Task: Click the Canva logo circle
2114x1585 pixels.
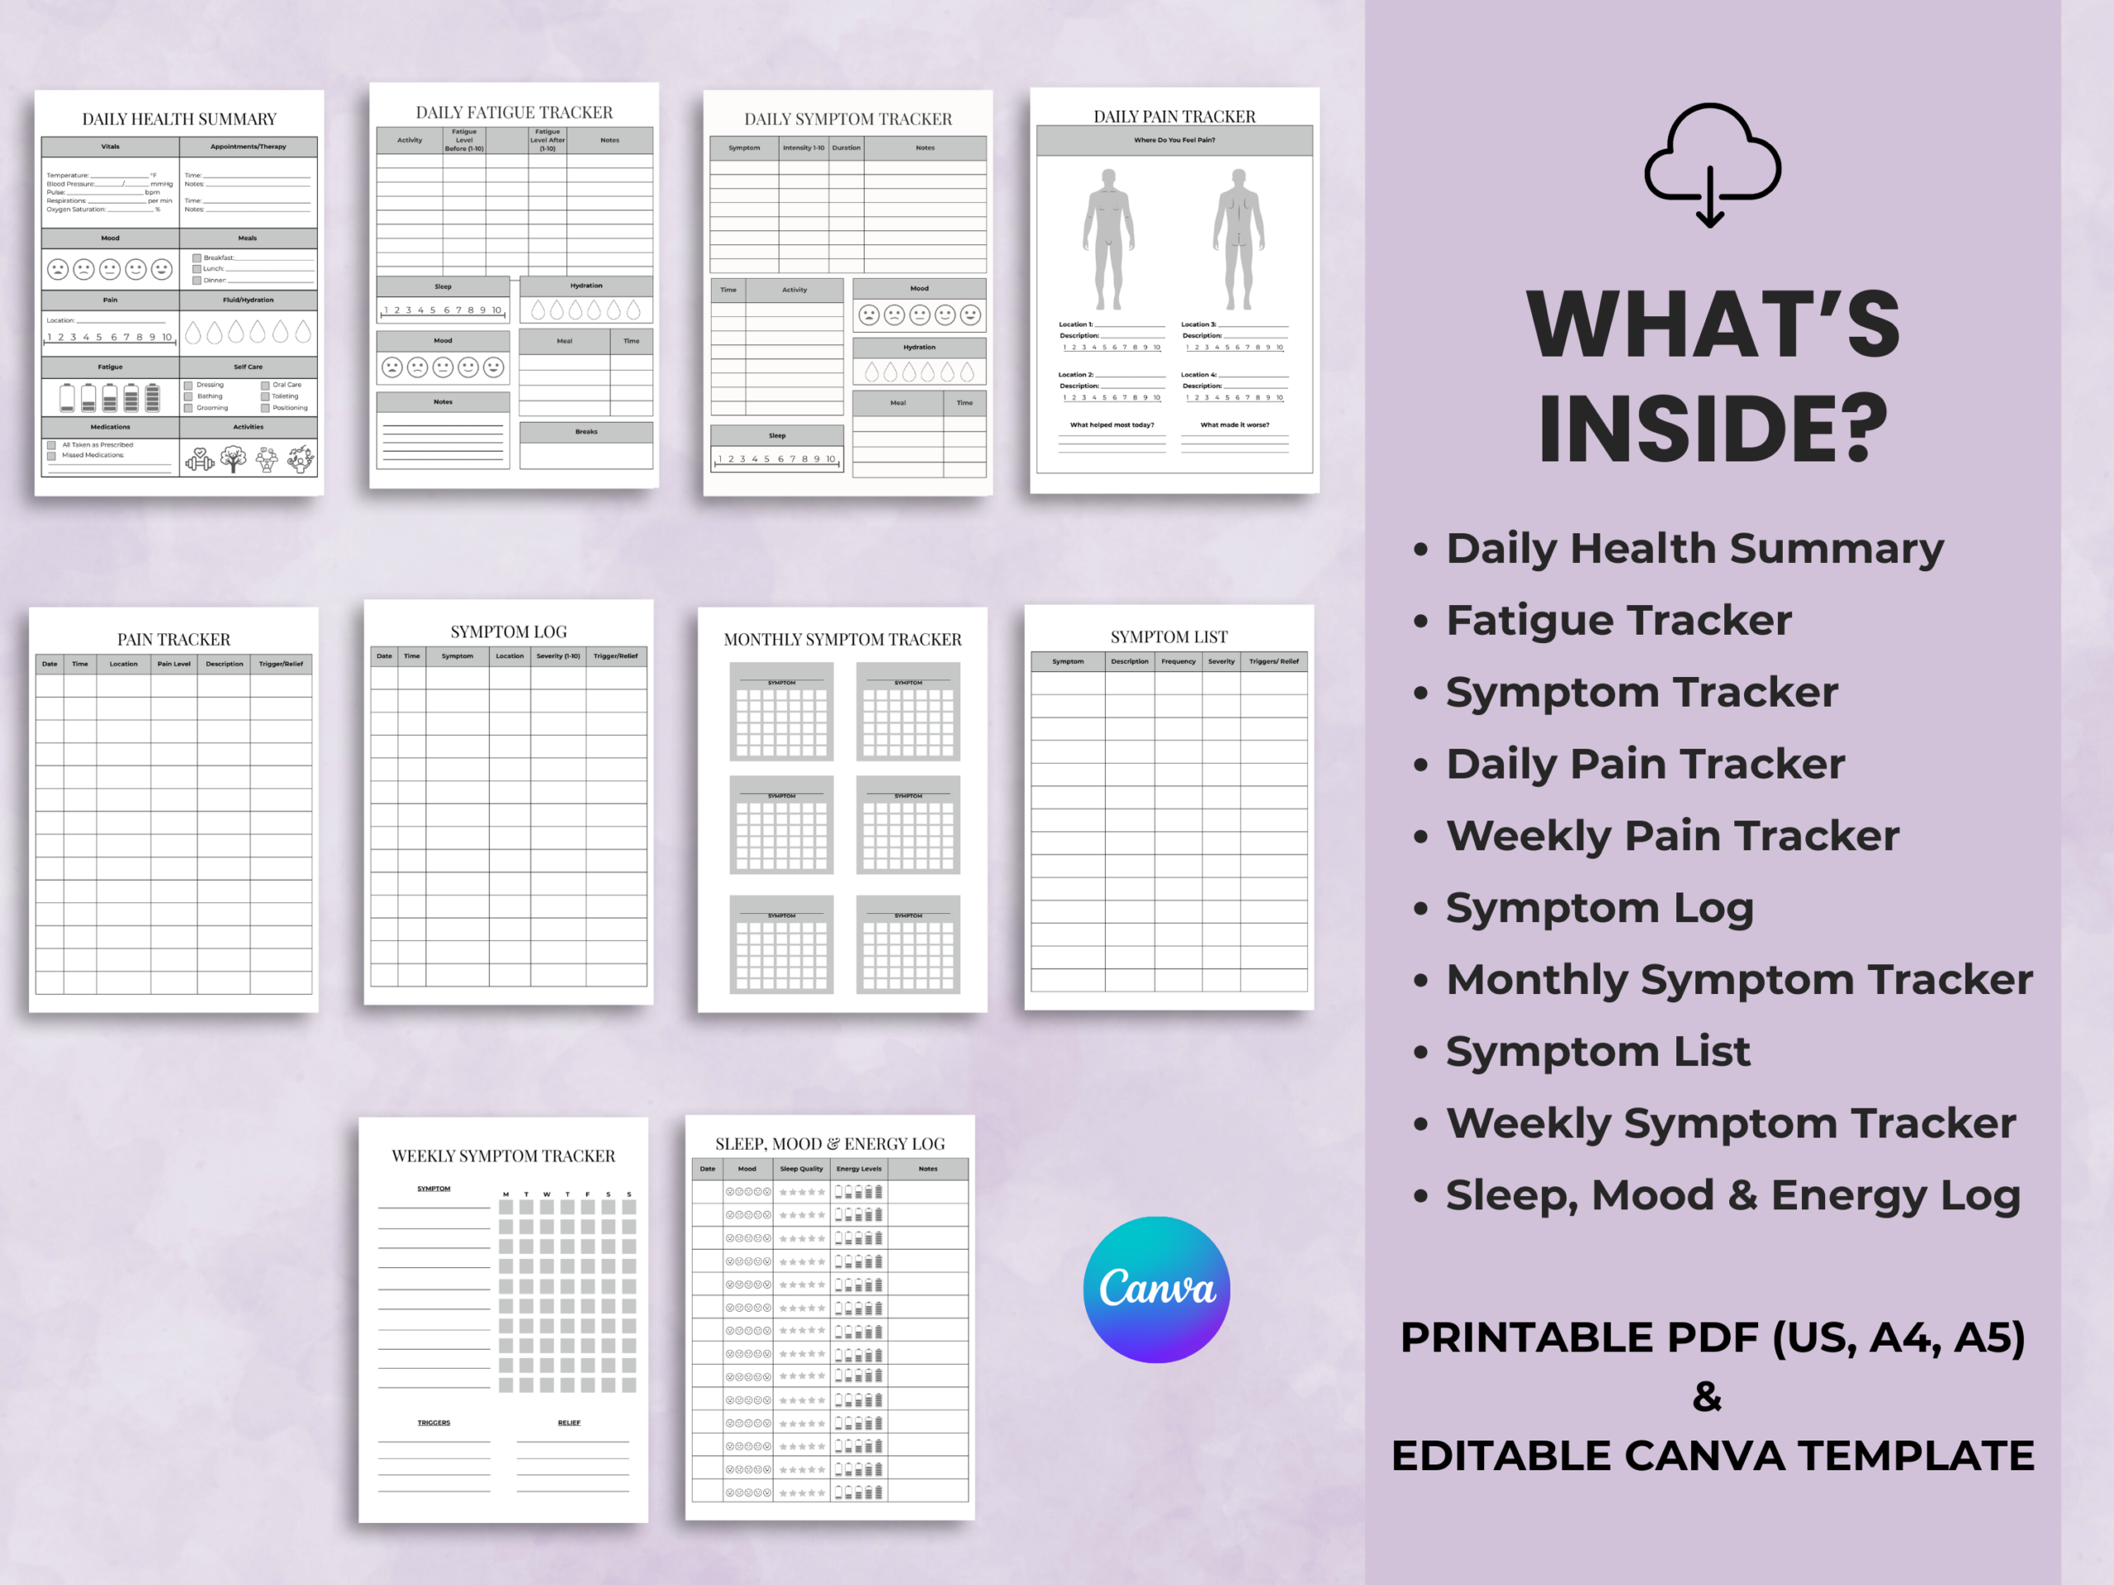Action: point(1156,1289)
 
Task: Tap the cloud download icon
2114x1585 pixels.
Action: point(1712,164)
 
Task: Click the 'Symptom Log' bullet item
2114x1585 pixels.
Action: point(1599,907)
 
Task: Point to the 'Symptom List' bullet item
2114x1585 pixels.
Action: point(1597,1051)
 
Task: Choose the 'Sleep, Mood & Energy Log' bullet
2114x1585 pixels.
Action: point(1732,1195)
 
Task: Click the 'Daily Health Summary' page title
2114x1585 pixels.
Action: point(178,120)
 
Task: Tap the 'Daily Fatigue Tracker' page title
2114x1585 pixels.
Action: point(514,113)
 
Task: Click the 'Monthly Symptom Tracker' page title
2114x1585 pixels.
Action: point(842,639)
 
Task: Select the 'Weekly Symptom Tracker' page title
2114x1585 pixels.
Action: point(504,1156)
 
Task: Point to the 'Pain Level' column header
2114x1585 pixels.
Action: point(174,664)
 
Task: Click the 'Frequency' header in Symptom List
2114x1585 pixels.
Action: point(1178,661)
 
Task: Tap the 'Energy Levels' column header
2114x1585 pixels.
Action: point(858,1168)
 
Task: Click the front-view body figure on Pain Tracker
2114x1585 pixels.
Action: point(1108,239)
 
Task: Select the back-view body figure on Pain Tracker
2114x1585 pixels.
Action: point(1239,239)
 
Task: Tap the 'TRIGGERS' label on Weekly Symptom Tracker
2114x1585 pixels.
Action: point(434,1422)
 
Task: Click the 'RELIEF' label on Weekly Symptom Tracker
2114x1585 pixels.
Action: point(569,1422)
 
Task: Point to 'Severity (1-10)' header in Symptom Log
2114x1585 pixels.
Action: point(558,656)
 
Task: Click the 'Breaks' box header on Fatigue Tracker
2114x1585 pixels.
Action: point(585,432)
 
